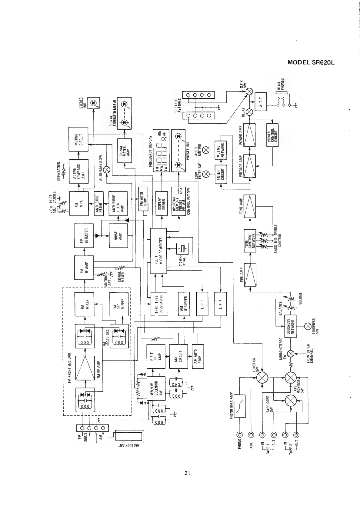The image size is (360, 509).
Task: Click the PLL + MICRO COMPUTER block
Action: tap(158, 250)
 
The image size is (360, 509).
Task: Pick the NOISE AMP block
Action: tap(118, 235)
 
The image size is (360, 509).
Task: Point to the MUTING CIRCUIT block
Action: tap(78, 139)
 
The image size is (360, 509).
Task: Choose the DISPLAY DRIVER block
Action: tap(162, 203)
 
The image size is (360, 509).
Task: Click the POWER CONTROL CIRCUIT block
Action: tap(272, 135)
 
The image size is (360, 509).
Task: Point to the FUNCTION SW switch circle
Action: tap(262, 378)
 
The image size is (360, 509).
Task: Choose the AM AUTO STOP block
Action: tap(198, 356)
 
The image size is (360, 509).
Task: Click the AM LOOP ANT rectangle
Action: tap(129, 435)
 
